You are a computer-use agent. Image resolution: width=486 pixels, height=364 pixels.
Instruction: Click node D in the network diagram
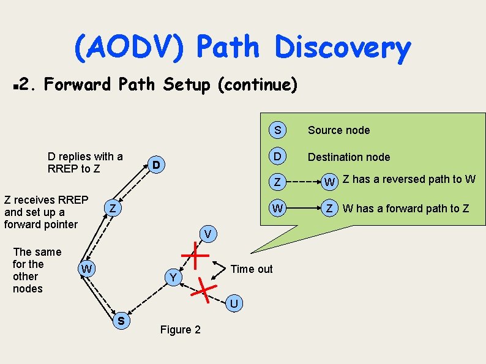coord(157,165)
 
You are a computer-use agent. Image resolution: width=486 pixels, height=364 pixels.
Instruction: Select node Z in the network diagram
coord(113,209)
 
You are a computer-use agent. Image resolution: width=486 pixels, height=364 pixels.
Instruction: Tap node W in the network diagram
coord(87,269)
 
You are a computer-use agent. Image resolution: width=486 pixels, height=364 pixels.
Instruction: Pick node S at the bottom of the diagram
coord(122,320)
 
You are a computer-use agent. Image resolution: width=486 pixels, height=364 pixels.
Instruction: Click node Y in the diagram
coord(174,278)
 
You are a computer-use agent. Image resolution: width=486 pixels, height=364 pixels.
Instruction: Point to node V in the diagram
coord(208,234)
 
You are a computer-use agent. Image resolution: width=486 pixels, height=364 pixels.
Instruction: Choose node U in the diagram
coord(234,303)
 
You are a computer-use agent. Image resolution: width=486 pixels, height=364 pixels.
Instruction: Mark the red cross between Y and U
coord(204,290)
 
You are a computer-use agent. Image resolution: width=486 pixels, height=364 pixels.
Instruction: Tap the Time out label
coord(251,269)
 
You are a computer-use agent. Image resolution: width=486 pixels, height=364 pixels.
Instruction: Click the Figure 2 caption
coord(180,330)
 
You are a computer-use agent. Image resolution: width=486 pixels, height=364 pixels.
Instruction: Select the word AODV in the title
coord(129,48)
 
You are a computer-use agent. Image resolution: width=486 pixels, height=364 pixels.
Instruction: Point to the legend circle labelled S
coord(278,130)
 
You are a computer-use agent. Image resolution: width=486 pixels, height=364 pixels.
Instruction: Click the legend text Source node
coord(338,130)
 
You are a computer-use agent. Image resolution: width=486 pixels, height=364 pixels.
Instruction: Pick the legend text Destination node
coord(348,157)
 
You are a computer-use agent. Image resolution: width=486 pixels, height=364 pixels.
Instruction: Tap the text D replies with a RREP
coord(85,162)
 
